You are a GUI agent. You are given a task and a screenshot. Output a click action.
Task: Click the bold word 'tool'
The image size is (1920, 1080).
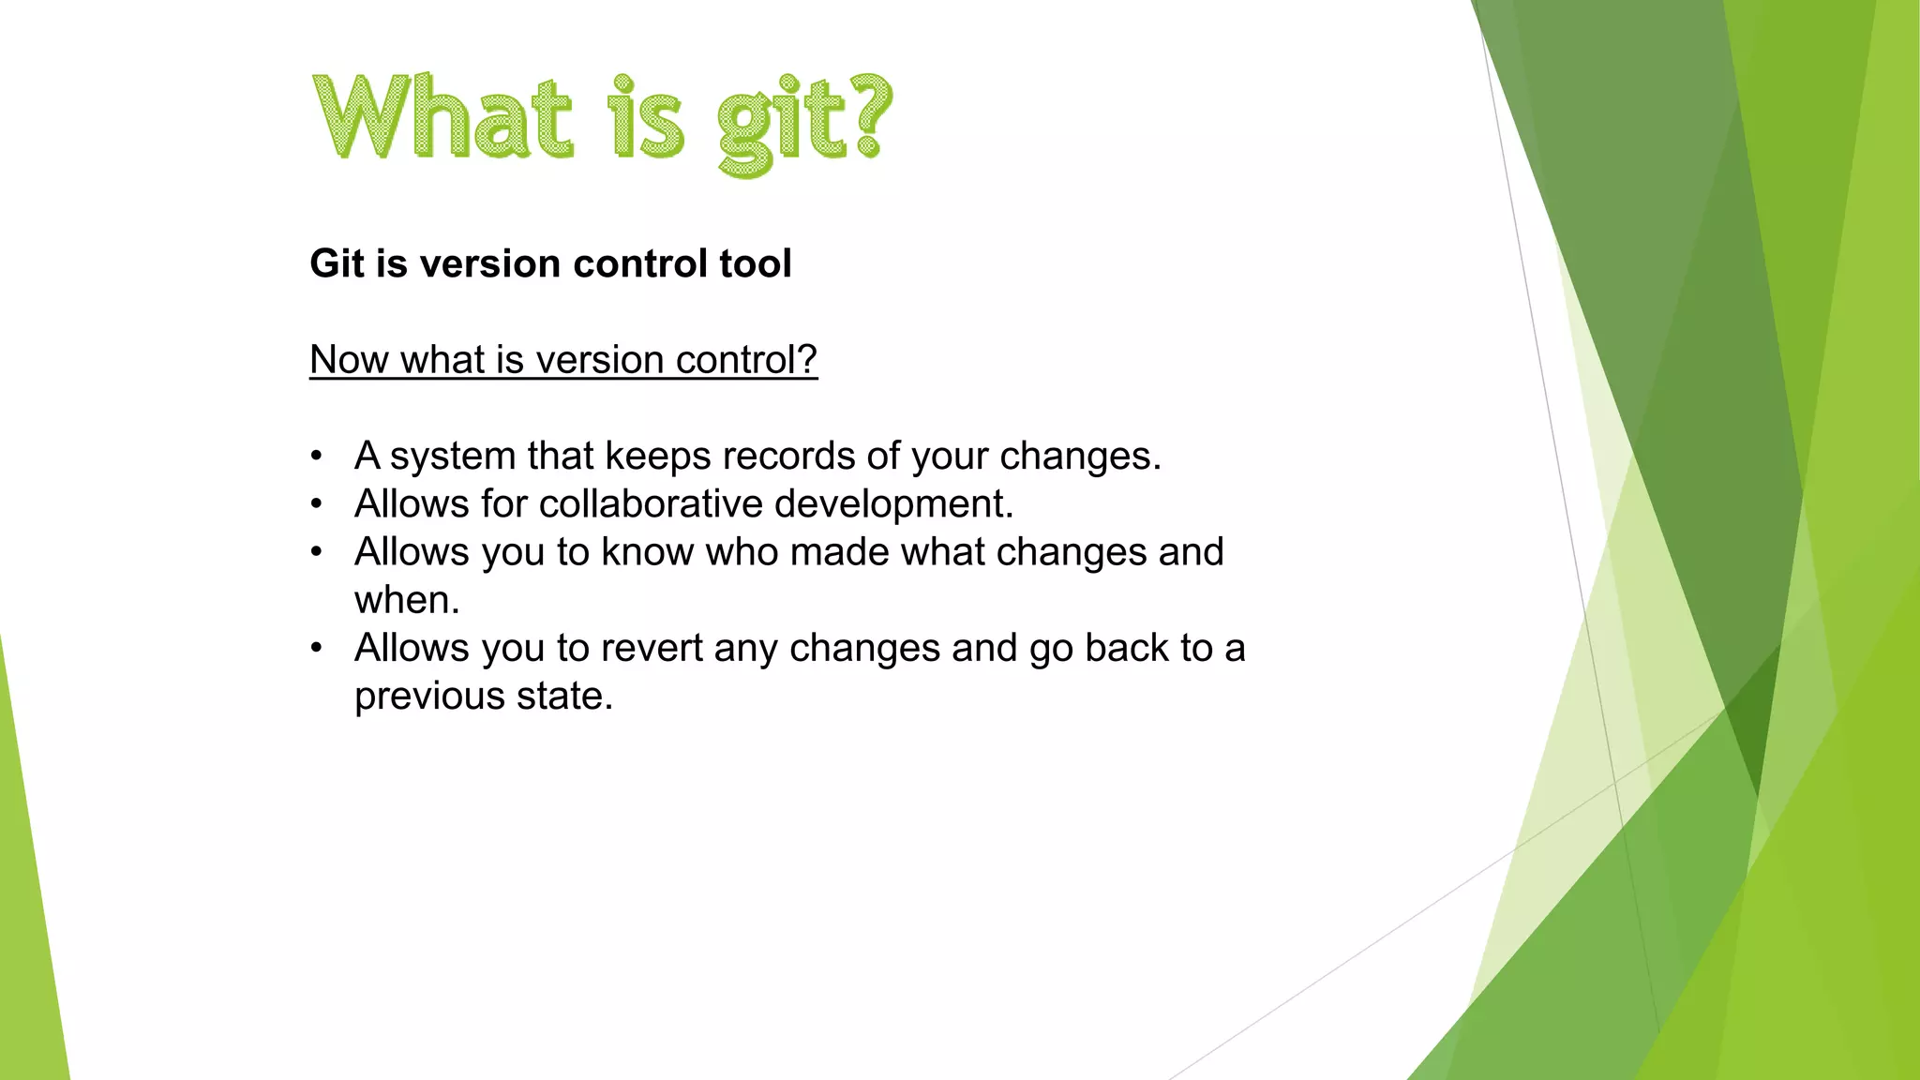click(x=756, y=263)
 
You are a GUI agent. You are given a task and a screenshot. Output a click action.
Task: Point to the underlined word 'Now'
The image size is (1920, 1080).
click(x=349, y=360)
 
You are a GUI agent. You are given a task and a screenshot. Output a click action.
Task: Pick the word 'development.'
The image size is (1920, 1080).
click(x=894, y=505)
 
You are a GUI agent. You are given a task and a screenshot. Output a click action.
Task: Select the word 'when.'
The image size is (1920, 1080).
click(x=407, y=601)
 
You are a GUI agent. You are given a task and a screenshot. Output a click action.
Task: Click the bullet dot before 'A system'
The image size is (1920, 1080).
click(x=317, y=457)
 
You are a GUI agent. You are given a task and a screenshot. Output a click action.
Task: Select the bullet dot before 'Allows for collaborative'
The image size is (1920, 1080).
click(x=317, y=504)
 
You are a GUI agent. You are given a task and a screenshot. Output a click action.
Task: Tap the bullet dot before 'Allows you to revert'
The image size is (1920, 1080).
click(x=317, y=648)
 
